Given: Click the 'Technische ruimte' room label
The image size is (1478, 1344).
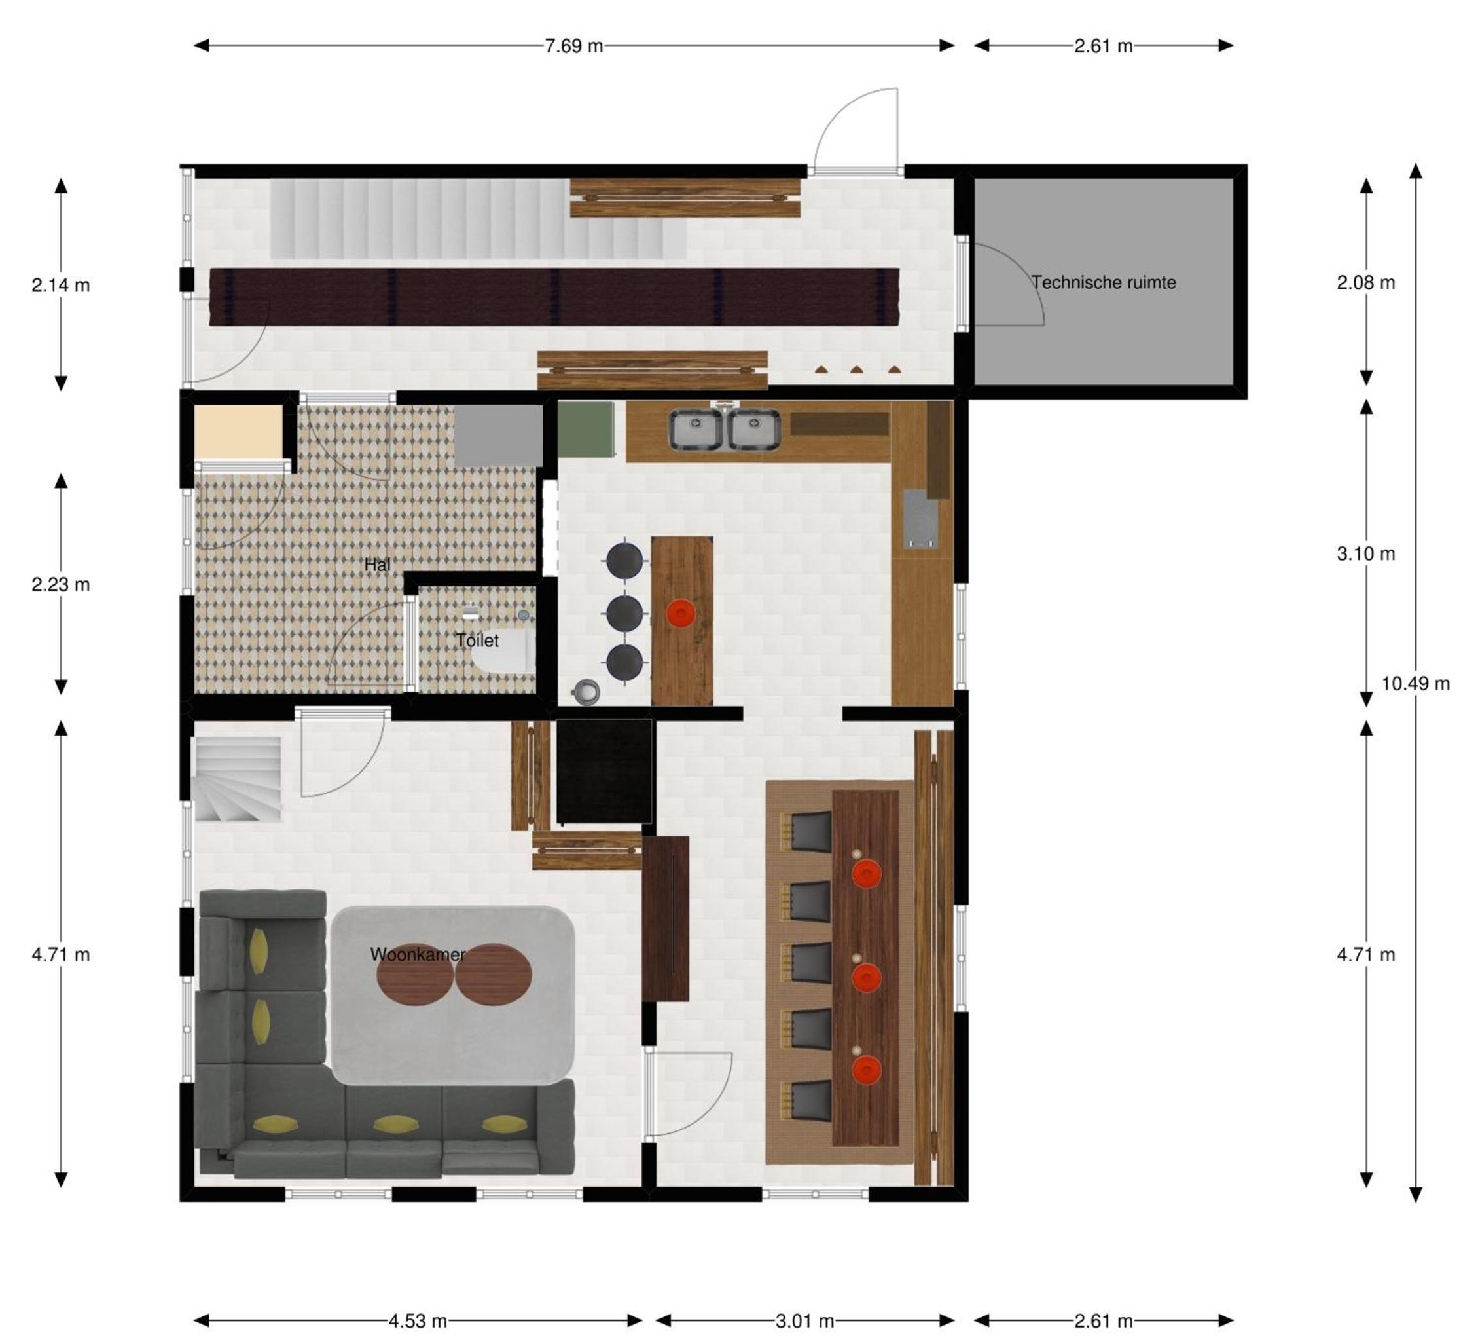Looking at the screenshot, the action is (x=1104, y=282).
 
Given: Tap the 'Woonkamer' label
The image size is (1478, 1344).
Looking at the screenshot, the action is (x=417, y=954).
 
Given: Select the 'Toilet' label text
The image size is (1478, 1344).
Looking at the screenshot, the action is (x=477, y=641).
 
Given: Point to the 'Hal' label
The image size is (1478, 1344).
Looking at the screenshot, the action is (x=377, y=565).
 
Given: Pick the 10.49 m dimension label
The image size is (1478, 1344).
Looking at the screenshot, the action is (x=1416, y=684).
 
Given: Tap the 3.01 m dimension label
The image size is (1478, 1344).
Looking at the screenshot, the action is (x=805, y=1321).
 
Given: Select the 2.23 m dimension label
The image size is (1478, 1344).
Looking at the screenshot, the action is (x=61, y=585).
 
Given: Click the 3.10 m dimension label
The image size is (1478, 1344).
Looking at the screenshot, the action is (x=1366, y=554).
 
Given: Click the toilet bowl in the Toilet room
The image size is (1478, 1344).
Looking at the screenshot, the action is (x=505, y=652).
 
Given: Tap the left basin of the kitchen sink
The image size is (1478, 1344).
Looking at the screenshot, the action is (x=696, y=429).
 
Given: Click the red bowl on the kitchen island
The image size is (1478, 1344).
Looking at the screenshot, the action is (x=681, y=612).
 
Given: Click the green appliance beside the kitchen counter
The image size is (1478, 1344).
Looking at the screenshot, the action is (x=586, y=429).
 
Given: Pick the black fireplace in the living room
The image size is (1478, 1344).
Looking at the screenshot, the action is (x=604, y=771).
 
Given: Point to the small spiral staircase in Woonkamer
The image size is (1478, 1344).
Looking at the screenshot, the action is (x=238, y=779).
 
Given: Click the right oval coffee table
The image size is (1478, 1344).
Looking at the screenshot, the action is (x=494, y=974).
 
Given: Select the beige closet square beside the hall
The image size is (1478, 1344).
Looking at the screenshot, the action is (x=238, y=432).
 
